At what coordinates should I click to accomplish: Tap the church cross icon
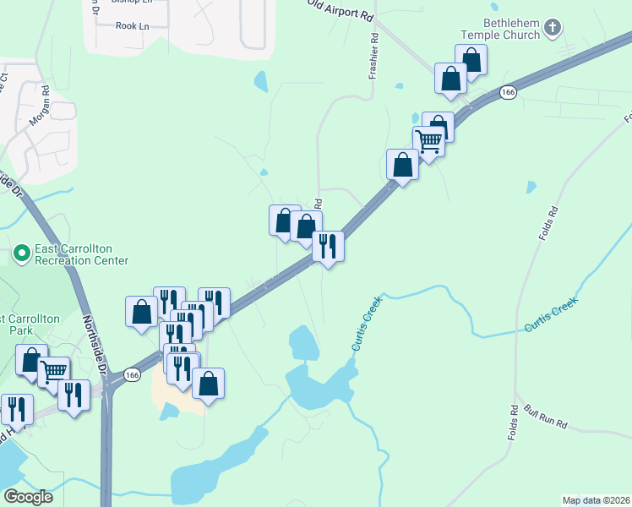coord(552,29)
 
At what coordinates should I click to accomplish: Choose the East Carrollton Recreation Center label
coord(81,254)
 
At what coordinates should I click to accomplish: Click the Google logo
coord(28,497)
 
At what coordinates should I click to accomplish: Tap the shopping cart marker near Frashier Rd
coord(429,141)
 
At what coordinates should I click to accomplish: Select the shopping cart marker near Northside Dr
coord(53,370)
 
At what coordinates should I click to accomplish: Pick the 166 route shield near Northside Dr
coord(131,373)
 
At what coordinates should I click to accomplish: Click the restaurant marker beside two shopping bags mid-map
coord(328,247)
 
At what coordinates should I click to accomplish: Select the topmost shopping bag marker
coord(471,59)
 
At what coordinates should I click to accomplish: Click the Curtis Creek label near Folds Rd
coord(551,314)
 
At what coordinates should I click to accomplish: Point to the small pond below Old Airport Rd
coord(260,81)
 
